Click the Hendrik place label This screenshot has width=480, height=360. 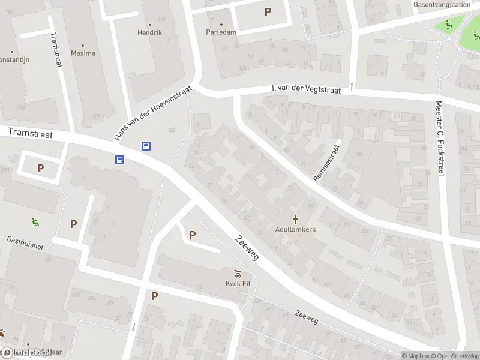point(149,32)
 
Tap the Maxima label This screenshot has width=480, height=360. point(83,53)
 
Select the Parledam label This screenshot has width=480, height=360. point(221,32)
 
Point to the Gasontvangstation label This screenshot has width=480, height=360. point(442,4)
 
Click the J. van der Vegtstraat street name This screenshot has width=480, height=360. point(306,89)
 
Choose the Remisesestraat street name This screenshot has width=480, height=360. point(326,163)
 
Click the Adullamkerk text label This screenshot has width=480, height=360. point(295,229)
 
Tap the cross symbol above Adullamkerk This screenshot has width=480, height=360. point(295,219)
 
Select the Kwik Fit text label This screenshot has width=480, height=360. point(238,284)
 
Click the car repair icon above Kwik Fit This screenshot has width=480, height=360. point(238,274)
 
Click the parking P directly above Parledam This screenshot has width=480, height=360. point(268,11)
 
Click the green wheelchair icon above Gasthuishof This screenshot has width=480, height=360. point(35,221)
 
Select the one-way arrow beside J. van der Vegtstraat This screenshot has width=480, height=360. point(352,86)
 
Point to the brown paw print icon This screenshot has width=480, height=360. point(2,332)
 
